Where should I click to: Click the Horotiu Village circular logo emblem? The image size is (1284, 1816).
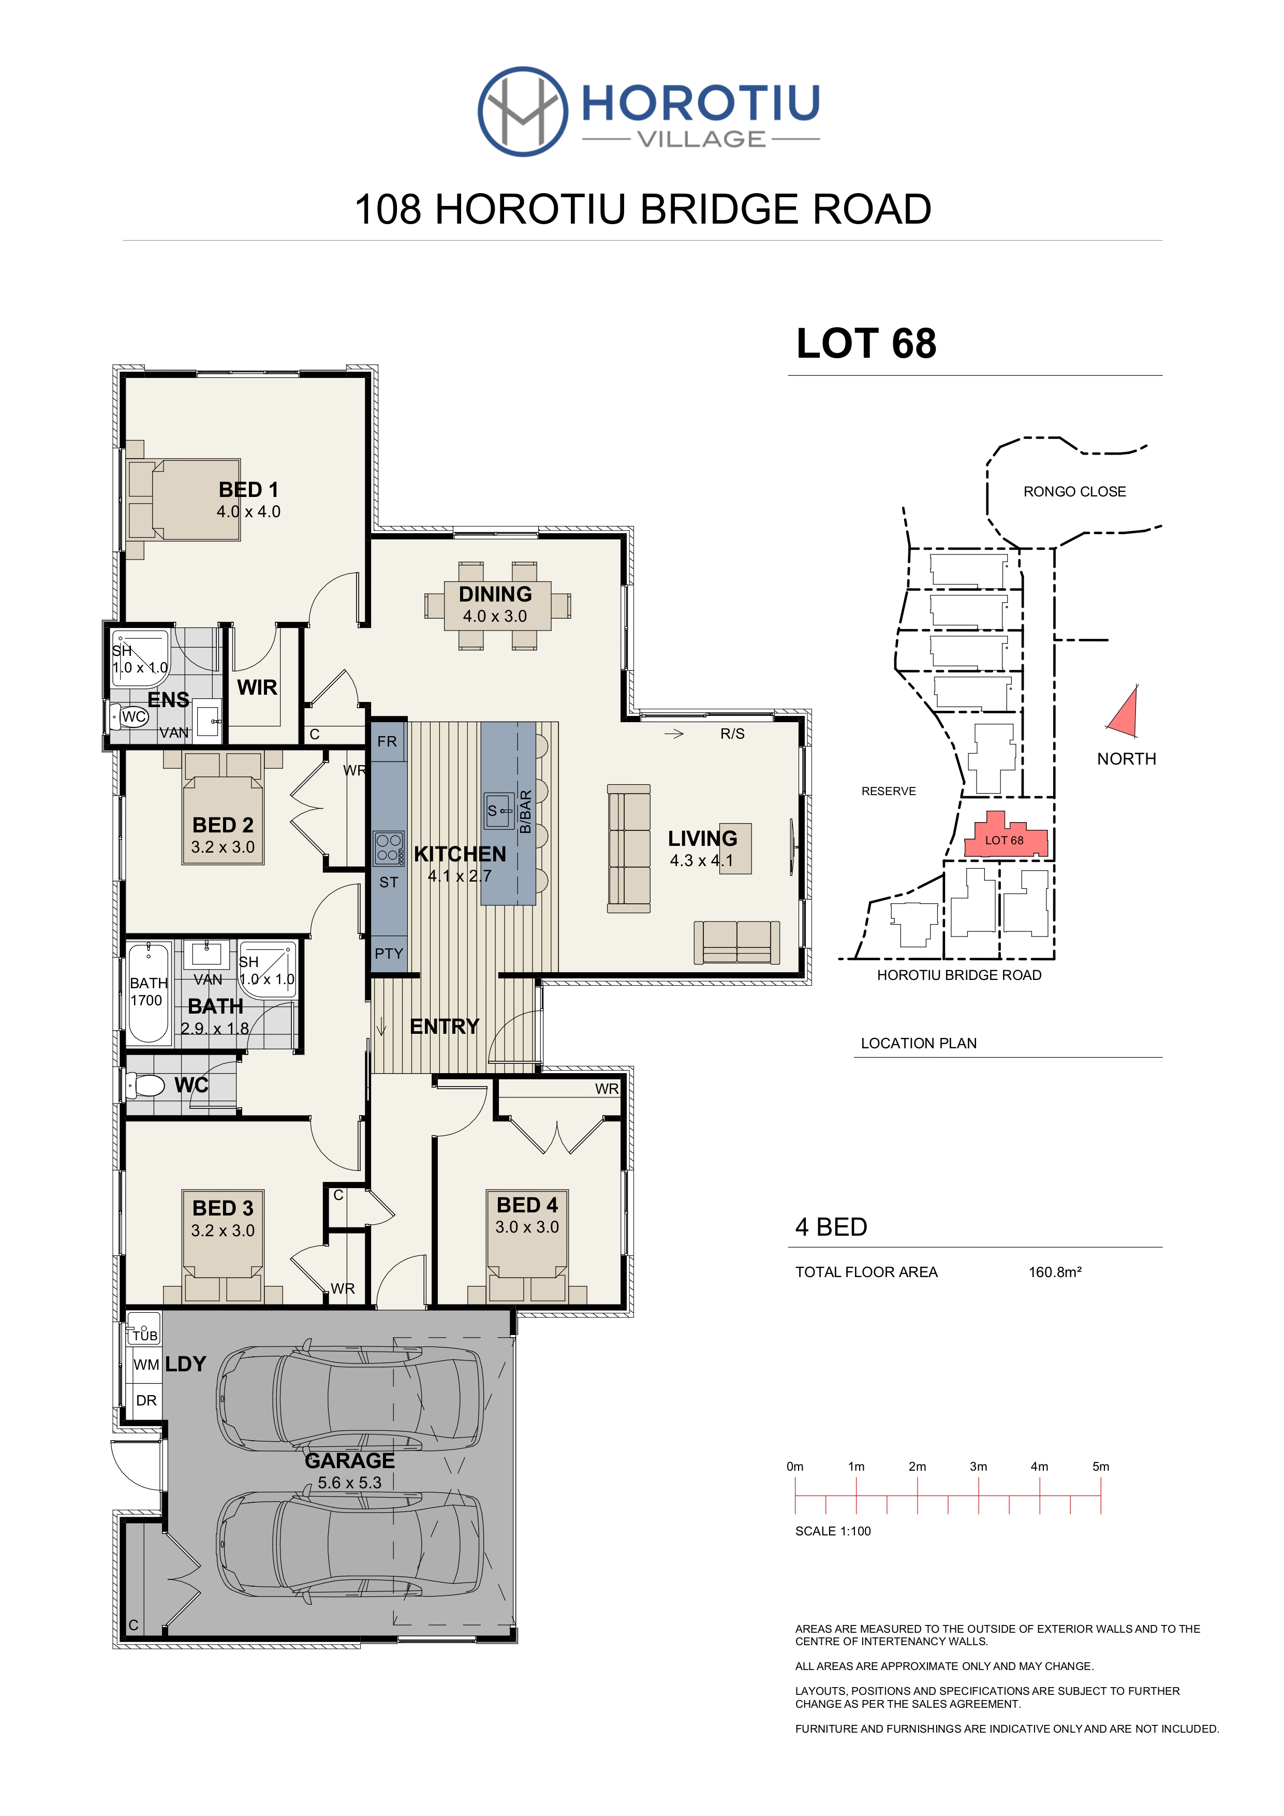point(523,111)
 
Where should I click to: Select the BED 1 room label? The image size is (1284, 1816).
point(248,490)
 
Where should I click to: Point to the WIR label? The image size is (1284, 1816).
point(257,687)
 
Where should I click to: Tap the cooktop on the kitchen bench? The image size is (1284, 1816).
point(389,848)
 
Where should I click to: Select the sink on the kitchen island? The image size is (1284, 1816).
point(498,811)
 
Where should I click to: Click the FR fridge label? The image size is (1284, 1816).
point(388,741)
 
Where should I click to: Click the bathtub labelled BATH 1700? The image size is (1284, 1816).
point(149,992)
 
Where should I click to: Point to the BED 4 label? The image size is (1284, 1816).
point(527,1205)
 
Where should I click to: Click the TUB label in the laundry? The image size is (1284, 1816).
point(145,1336)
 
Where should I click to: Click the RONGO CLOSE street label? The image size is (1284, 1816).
point(1074,491)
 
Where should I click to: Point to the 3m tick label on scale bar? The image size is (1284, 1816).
point(978,1467)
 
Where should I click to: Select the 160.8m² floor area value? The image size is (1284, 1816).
point(1055,1272)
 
